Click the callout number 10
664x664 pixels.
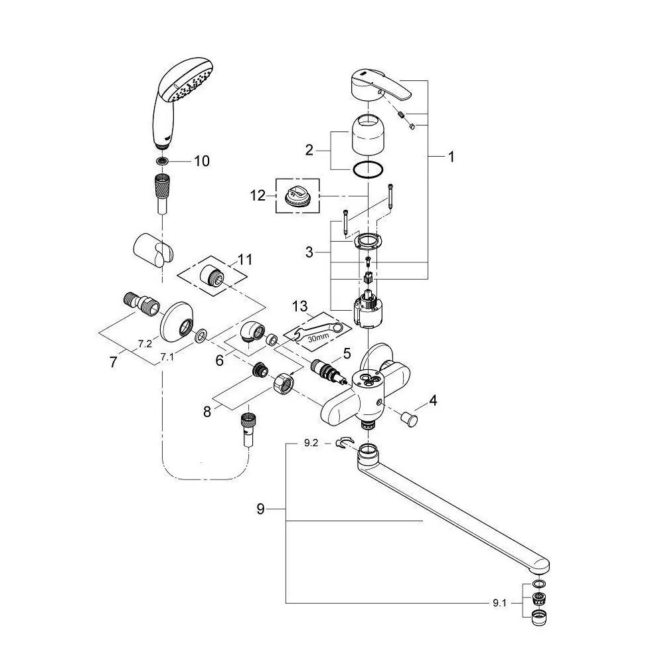pos(201,161)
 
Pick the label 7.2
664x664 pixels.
pos(144,343)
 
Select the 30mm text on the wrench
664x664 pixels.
pos(319,337)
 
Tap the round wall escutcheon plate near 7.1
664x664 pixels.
pos(179,321)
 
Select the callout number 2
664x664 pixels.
pos(308,150)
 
